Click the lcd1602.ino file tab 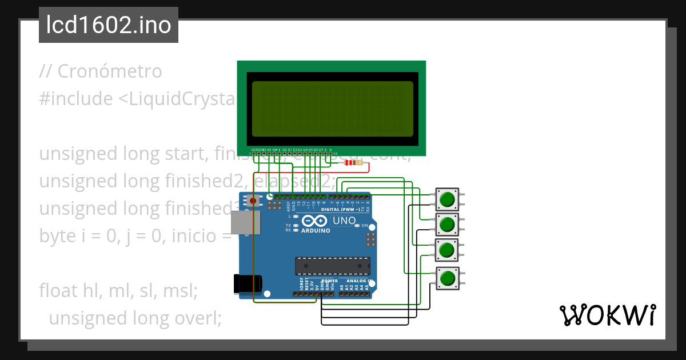pyautogui.click(x=109, y=26)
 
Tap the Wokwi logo pyautogui.click(x=607, y=315)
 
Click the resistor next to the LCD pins pyautogui.click(x=352, y=163)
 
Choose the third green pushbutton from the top pyautogui.click(x=447, y=250)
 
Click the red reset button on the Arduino pyautogui.click(x=253, y=201)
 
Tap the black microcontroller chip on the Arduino pyautogui.click(x=332, y=266)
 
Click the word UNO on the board pyautogui.click(x=344, y=221)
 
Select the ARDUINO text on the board pyautogui.click(x=315, y=231)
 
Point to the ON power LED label pyautogui.click(x=365, y=226)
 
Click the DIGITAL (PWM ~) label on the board pyautogui.click(x=341, y=210)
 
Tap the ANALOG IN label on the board pyautogui.click(x=356, y=281)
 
